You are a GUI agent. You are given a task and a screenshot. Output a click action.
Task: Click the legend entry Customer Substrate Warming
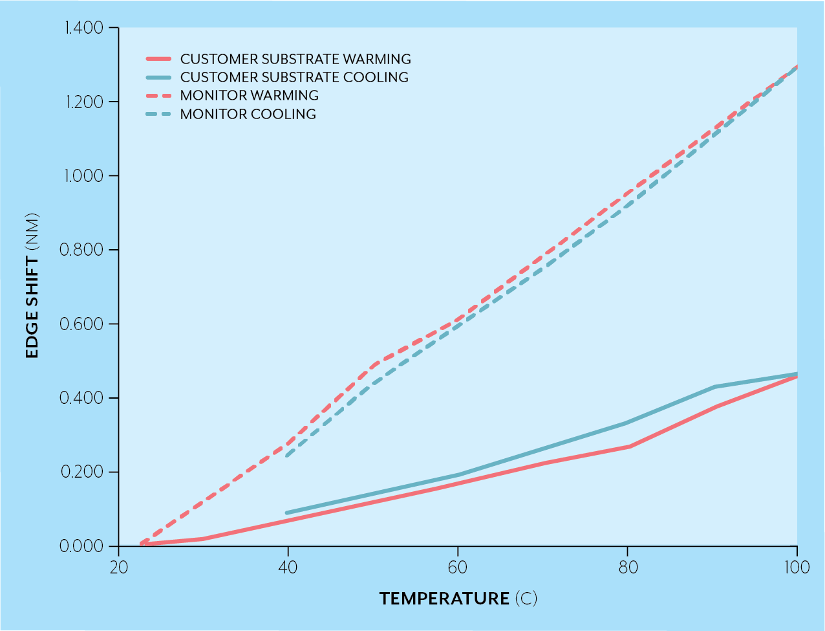pyautogui.click(x=295, y=59)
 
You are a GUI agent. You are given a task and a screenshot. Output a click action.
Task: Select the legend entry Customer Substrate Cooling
pyautogui.click(x=294, y=78)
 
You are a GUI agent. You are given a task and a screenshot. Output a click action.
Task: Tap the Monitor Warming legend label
pyautogui.click(x=249, y=96)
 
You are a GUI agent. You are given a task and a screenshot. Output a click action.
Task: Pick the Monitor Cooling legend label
pyautogui.click(x=248, y=115)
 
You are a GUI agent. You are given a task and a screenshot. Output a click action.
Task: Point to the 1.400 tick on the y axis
pyautogui.click(x=84, y=28)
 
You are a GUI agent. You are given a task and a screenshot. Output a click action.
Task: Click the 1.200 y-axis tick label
pyautogui.click(x=84, y=102)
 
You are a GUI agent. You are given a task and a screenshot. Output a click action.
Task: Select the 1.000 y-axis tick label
pyautogui.click(x=84, y=176)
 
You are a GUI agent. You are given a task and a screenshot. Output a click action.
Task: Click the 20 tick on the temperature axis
pyautogui.click(x=119, y=568)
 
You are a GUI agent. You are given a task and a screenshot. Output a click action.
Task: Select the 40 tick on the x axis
pyautogui.click(x=288, y=568)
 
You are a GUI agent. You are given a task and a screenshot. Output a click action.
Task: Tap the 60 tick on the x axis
pyautogui.click(x=458, y=568)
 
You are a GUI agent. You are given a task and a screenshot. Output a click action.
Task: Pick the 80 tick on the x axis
pyautogui.click(x=627, y=568)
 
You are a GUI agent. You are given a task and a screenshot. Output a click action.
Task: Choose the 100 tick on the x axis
pyautogui.click(x=797, y=568)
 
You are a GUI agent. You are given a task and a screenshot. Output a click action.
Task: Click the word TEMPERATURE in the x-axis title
pyautogui.click(x=444, y=599)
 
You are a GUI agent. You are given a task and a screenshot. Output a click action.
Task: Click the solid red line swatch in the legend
pyautogui.click(x=158, y=59)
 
